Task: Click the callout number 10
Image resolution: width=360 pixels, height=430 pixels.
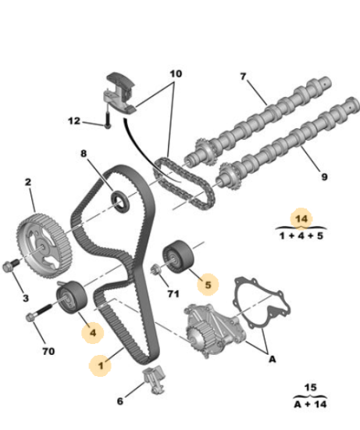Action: pos(176,73)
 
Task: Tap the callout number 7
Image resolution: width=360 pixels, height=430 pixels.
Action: pos(243,77)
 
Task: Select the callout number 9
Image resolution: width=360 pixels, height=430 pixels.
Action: pos(324,177)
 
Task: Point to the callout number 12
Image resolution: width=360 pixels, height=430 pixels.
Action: pos(74,121)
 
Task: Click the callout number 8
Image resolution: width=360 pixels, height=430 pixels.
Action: pos(84,153)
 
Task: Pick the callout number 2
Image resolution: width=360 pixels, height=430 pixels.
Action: pos(28,182)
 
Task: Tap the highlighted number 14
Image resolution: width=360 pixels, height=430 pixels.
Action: pos(301,219)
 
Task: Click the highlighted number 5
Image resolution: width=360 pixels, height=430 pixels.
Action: pos(209,285)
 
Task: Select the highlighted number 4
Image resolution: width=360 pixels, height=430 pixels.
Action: pos(93,333)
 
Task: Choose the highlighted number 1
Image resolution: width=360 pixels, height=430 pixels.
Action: pos(101,366)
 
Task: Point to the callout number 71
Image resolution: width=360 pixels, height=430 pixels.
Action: pos(173,294)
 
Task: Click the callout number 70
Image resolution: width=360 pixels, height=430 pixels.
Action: pos(48,351)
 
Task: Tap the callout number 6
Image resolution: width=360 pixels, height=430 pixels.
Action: pos(120,401)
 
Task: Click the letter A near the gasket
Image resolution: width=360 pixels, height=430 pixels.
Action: pos(272,359)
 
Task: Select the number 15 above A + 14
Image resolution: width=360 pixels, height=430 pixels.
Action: pos(310,388)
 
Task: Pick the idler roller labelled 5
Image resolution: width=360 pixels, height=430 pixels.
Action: pos(178,256)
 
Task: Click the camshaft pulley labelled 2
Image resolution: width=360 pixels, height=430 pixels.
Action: pos(44,245)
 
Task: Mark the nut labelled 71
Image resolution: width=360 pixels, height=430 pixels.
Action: pos(155,269)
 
